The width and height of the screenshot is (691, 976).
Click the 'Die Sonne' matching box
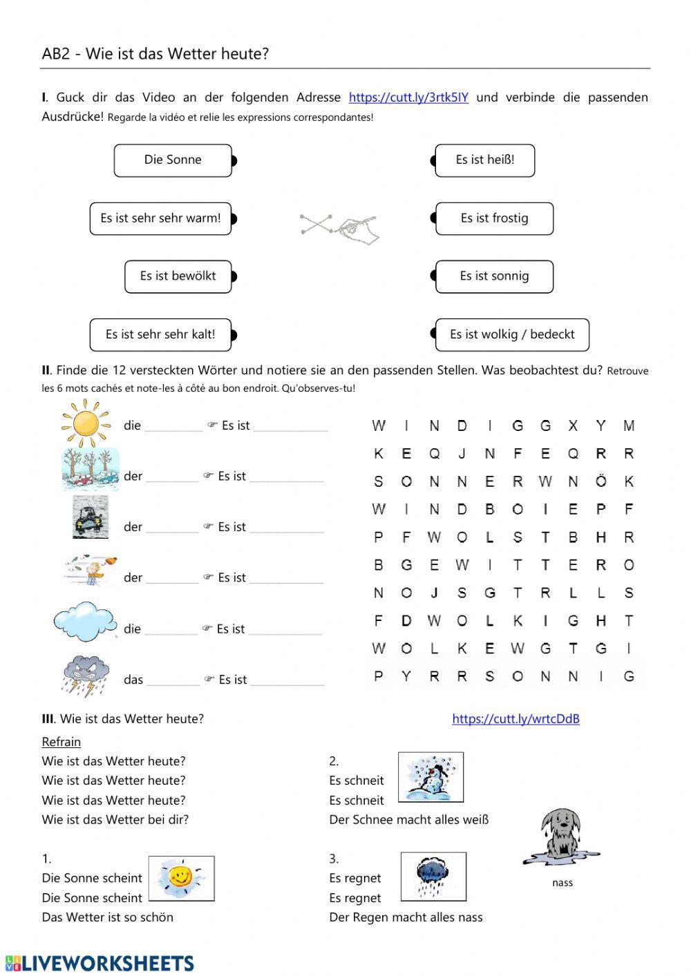(x=173, y=160)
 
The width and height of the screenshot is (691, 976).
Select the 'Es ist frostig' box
(x=494, y=218)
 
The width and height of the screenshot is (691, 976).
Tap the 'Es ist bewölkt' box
(x=178, y=276)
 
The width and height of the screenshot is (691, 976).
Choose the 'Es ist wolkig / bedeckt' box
(x=512, y=334)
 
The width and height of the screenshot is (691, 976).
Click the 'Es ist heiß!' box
(x=484, y=160)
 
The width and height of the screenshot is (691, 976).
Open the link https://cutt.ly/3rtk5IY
(x=408, y=97)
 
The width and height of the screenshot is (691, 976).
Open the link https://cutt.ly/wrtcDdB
(x=515, y=719)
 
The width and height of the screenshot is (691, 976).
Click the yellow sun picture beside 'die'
(x=86, y=421)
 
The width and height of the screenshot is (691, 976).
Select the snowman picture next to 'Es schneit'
(x=431, y=777)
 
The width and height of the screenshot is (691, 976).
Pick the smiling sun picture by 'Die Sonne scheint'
(x=181, y=879)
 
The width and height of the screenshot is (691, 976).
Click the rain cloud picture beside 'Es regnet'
(x=433, y=876)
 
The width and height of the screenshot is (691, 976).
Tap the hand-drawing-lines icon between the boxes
(x=340, y=227)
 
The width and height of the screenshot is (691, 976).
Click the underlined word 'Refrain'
(x=61, y=742)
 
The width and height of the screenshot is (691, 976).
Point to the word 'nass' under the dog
(x=562, y=883)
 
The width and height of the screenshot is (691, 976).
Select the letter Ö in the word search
(x=600, y=481)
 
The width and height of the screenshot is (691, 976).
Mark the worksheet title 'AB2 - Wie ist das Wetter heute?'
(x=155, y=54)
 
